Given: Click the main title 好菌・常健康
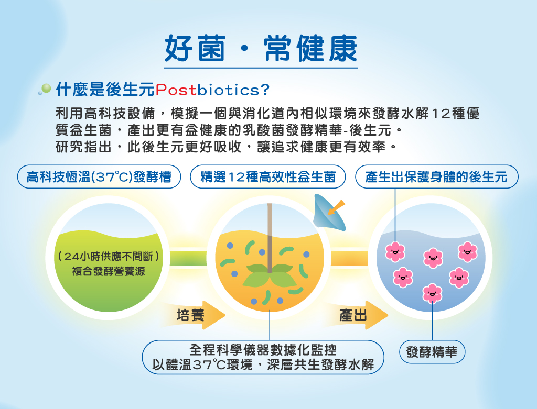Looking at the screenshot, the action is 261,48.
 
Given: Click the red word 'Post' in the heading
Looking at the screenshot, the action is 176,90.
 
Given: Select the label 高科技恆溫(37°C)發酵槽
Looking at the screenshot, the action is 99,177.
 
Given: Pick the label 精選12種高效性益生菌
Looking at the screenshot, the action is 268,177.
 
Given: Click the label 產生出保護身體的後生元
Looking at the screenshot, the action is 437,177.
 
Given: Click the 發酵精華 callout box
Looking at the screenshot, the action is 432,352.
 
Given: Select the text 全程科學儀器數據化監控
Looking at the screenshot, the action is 263,349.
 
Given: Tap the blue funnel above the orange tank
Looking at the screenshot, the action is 328,213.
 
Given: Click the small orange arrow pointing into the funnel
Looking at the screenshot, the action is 336,207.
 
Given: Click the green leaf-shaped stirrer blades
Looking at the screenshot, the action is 270,275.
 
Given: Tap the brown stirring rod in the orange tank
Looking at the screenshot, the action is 270,238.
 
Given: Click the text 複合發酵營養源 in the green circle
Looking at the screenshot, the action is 109,271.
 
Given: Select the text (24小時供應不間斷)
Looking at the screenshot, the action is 109,256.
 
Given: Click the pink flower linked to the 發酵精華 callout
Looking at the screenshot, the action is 432,293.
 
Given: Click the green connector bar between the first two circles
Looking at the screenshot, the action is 188,258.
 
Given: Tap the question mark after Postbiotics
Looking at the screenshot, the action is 265,90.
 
